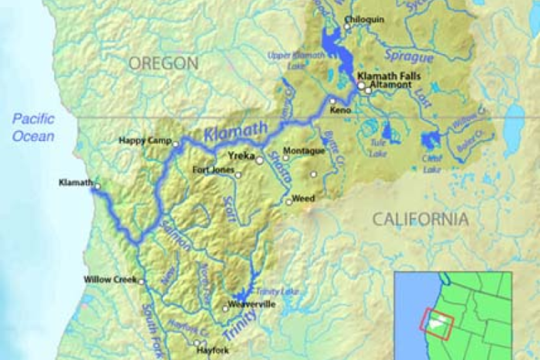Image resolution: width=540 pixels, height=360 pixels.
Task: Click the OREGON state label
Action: click(163, 63)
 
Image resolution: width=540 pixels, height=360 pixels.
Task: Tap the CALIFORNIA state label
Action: click(420, 219)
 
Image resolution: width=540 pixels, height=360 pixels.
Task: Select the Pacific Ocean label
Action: click(33, 127)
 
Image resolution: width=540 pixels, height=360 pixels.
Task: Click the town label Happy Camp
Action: click(143, 140)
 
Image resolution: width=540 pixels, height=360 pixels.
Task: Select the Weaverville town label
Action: click(250, 304)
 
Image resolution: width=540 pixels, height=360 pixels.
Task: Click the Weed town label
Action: click(303, 198)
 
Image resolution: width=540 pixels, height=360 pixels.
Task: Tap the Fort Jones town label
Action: click(213, 169)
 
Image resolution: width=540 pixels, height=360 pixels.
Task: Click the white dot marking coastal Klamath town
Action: click(97, 187)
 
